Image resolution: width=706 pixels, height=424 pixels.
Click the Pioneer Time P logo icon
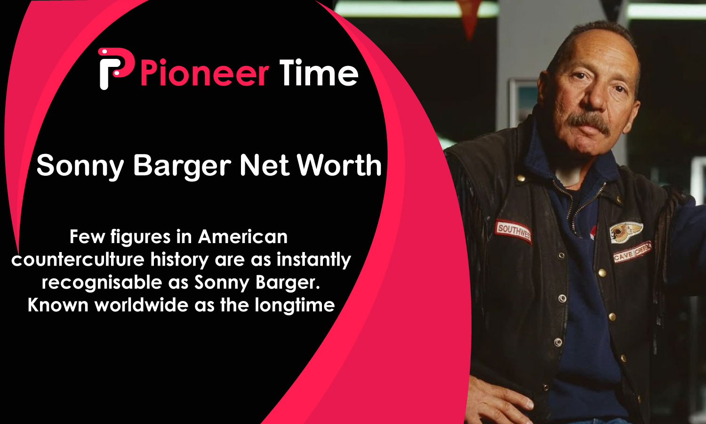(115, 68)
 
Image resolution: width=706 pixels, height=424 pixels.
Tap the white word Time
(319, 73)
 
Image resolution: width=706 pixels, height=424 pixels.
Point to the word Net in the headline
(265, 165)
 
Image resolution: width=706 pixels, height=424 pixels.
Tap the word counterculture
(78, 260)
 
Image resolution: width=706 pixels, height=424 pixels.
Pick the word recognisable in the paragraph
(102, 282)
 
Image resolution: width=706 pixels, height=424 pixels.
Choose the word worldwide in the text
(142, 305)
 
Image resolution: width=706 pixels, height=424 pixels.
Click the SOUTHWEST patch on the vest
(513, 231)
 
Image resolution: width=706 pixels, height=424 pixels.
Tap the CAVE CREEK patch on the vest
(632, 252)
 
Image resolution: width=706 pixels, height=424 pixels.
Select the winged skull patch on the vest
(626, 232)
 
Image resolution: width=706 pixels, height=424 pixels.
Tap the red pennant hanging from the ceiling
(469, 16)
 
